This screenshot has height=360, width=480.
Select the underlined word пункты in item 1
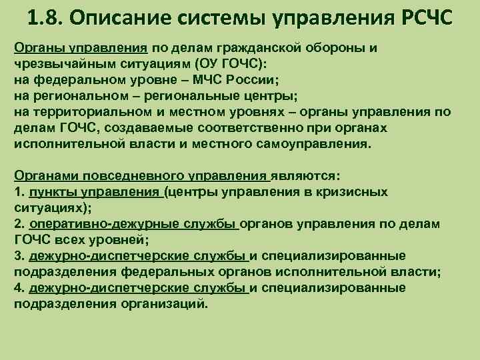click(x=51, y=192)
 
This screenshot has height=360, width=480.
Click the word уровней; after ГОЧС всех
click(x=115, y=240)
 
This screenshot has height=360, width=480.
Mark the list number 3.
click(x=19, y=256)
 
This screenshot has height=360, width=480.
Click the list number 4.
click(x=19, y=288)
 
